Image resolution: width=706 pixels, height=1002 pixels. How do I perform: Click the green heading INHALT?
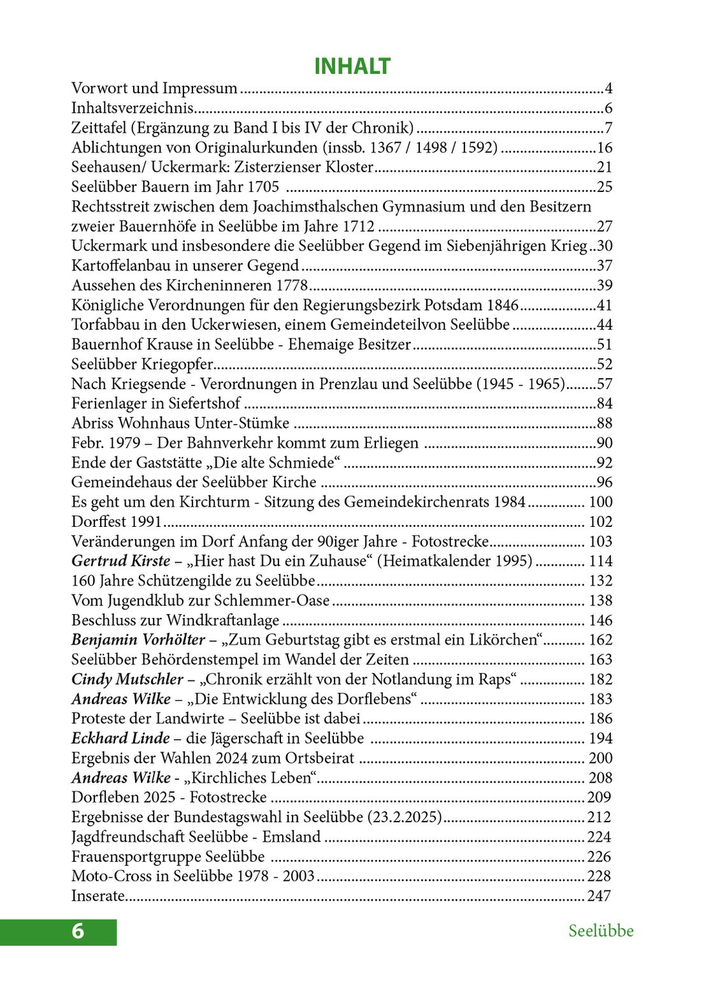pyautogui.click(x=352, y=66)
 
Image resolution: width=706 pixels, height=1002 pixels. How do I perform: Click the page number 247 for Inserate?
pyautogui.click(x=599, y=896)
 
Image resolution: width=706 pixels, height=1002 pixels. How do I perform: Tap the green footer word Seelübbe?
pyautogui.click(x=601, y=931)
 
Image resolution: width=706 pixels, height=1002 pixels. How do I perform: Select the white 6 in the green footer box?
pyautogui.click(x=78, y=931)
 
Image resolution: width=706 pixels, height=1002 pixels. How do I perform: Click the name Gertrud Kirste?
pyautogui.click(x=120, y=561)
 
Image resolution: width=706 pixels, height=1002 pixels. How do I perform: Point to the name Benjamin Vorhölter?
pyautogui.click(x=138, y=640)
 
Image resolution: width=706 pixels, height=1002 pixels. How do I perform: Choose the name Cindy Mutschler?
pyautogui.click(x=127, y=679)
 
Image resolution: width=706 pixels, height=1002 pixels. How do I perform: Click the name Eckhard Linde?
pyautogui.click(x=120, y=739)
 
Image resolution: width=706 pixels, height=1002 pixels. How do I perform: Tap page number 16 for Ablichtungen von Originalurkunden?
pyautogui.click(x=604, y=148)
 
